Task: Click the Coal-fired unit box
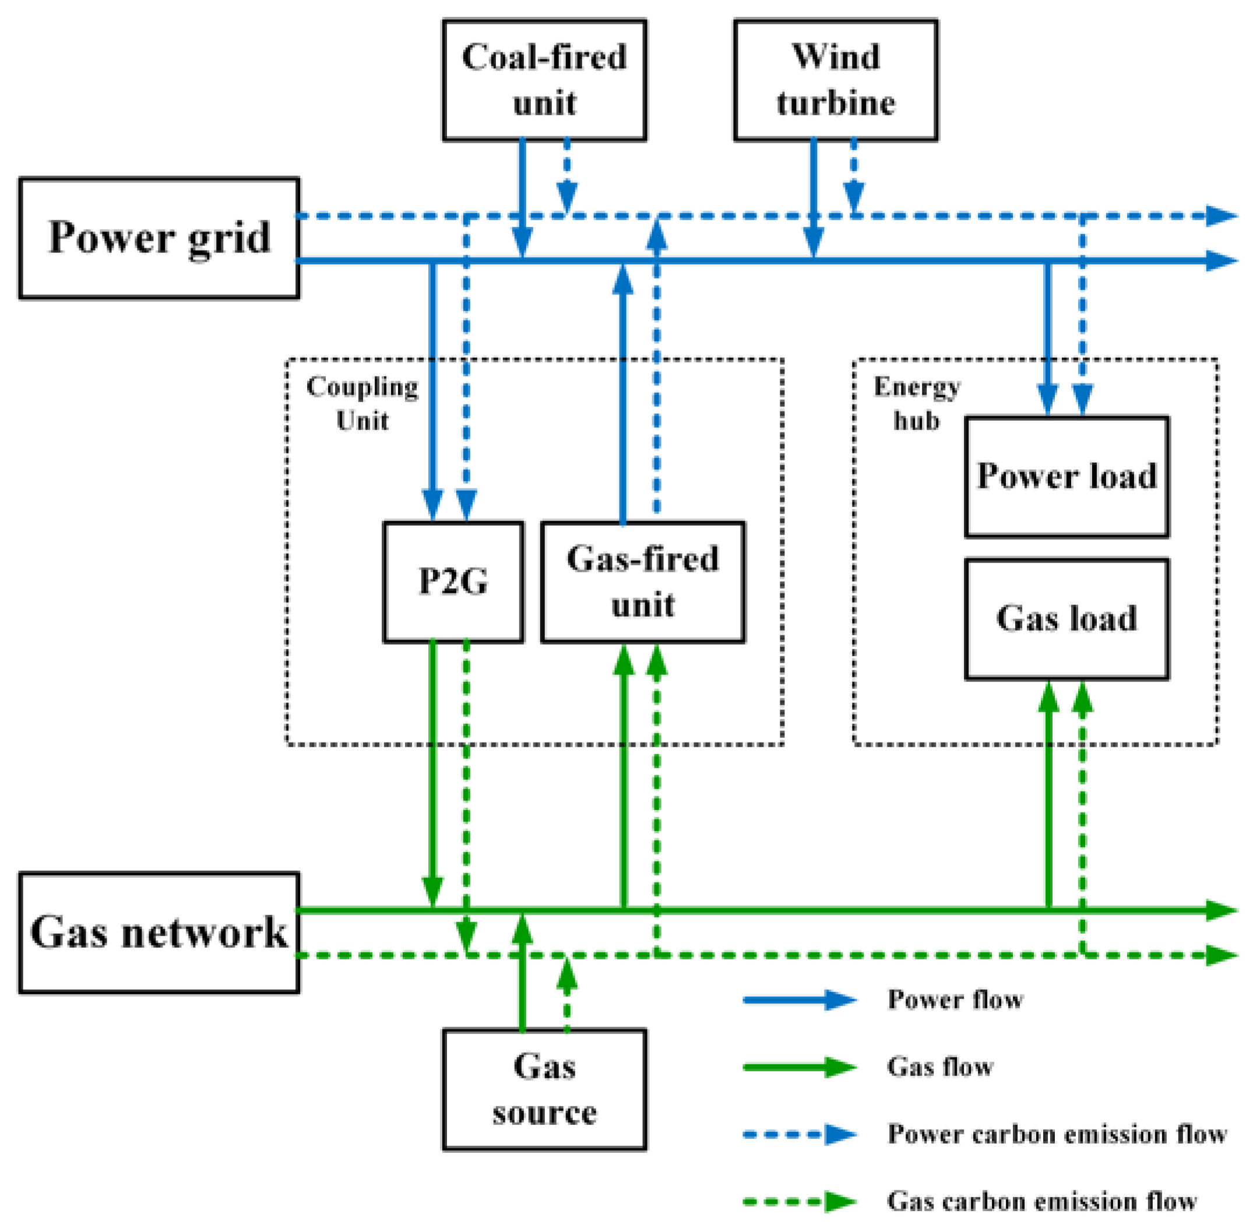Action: [544, 79]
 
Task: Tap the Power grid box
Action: [159, 238]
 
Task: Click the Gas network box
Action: [159, 933]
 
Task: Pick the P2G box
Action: [453, 581]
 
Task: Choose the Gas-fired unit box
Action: [642, 581]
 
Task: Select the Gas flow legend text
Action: [939, 1067]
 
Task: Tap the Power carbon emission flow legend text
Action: [1057, 1134]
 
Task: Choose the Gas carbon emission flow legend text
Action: [1041, 1201]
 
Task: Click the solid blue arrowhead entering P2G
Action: [432, 505]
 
